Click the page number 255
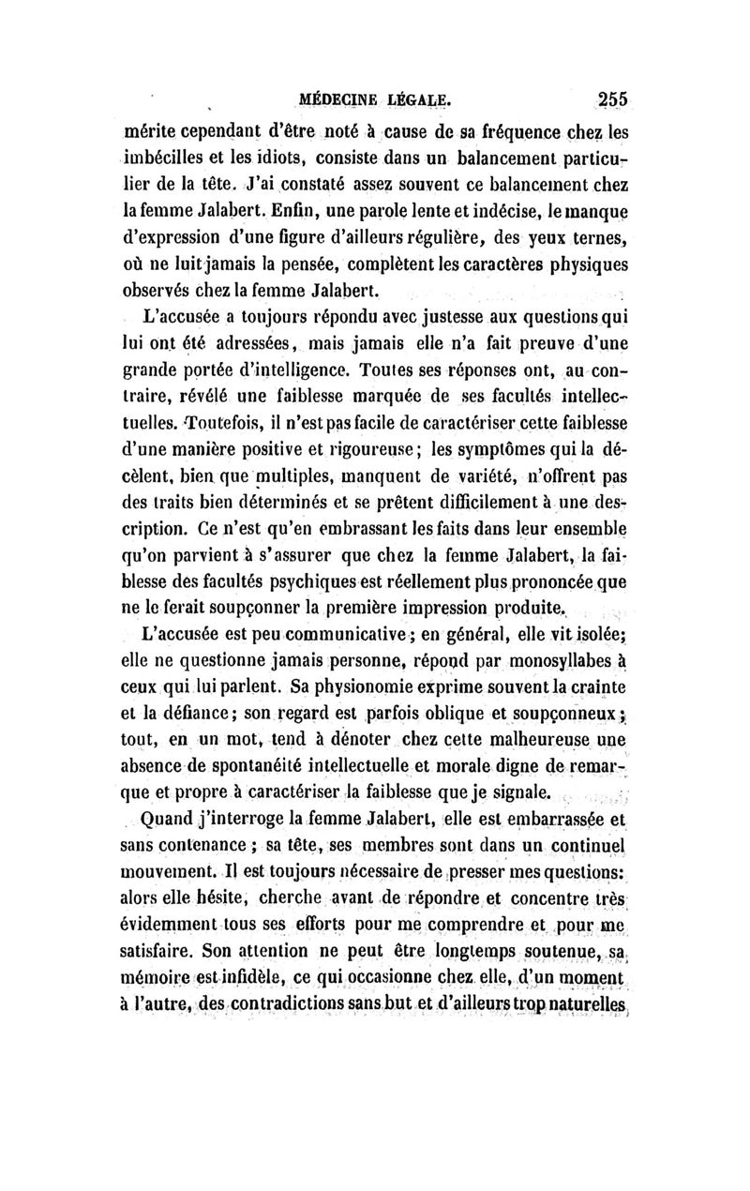click(608, 98)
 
